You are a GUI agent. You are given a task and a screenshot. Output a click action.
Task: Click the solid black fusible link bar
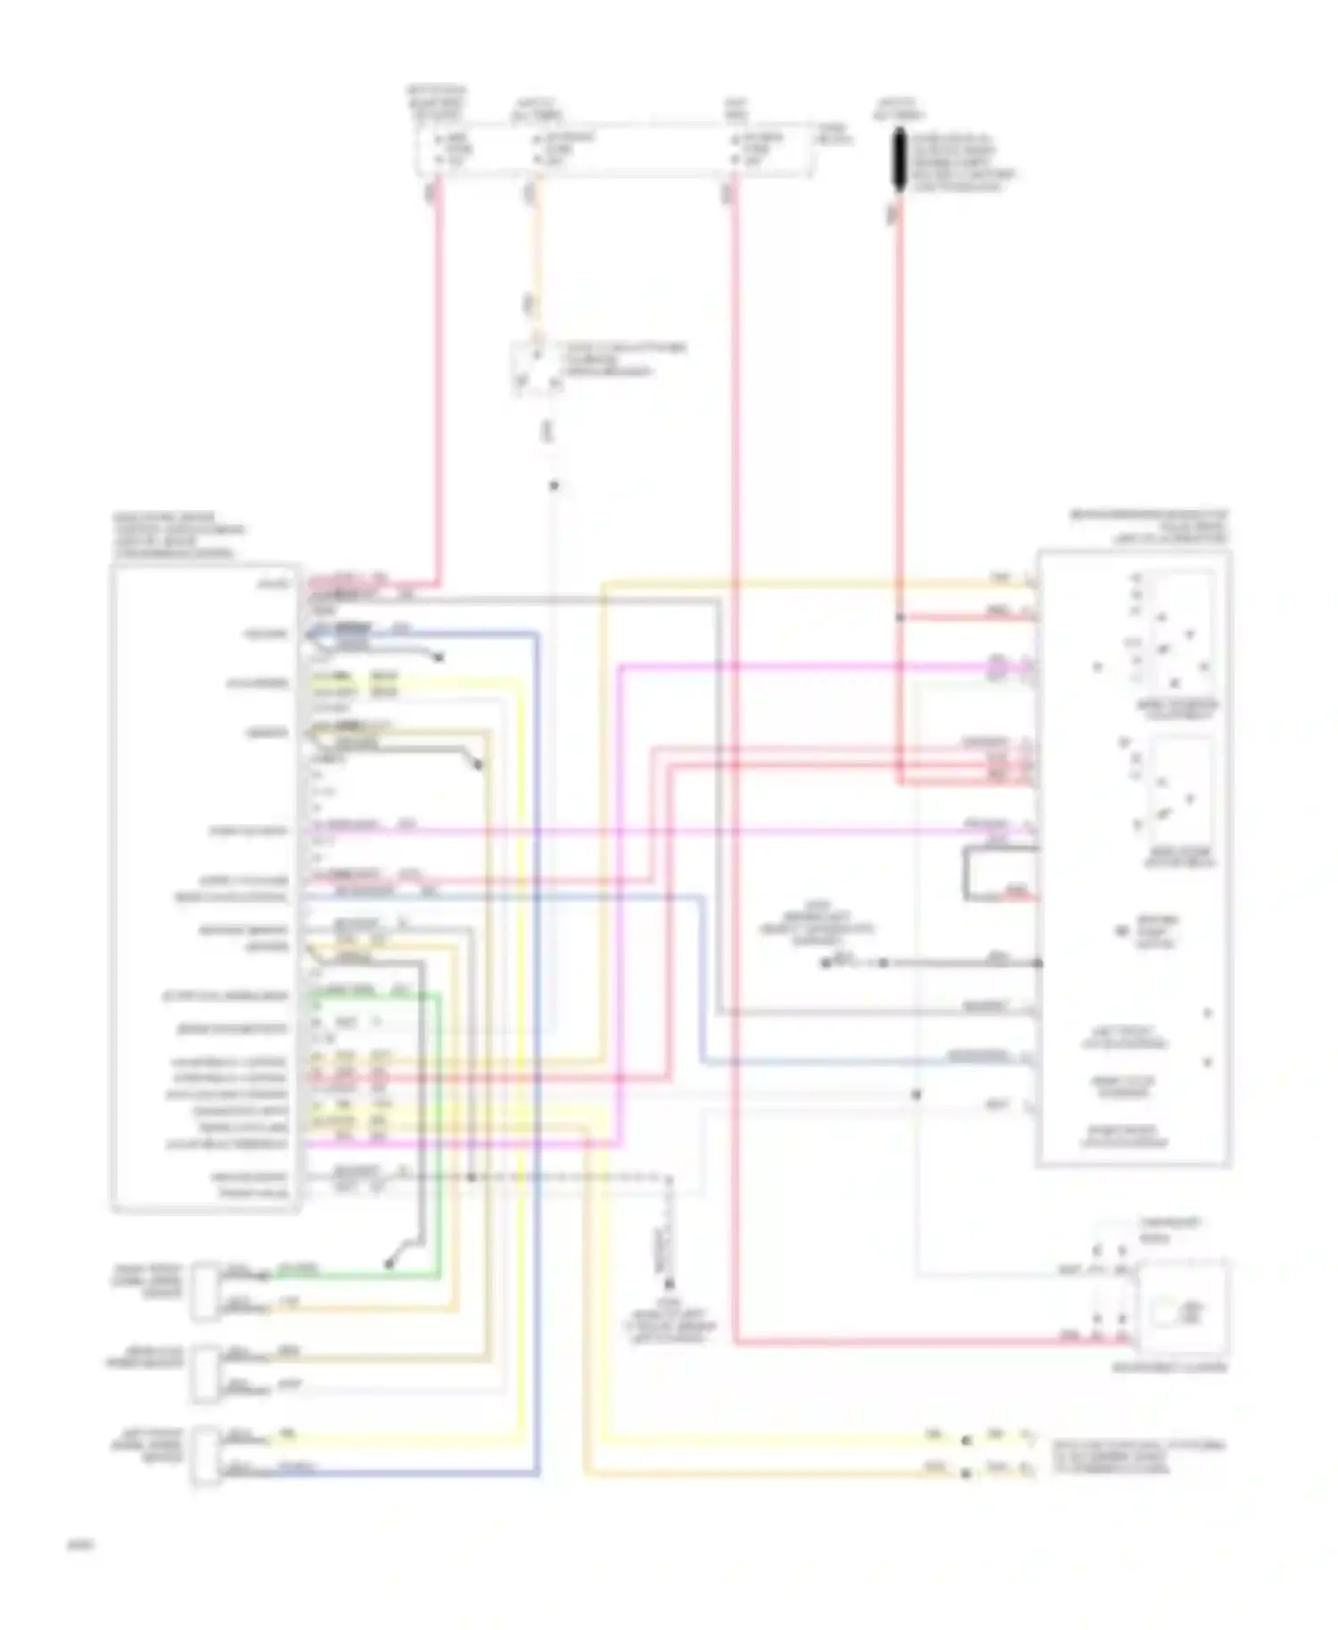[900, 160]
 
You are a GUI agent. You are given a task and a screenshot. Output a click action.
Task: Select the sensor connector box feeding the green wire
[205, 1289]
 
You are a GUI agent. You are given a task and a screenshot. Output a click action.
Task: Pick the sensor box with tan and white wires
[205, 1371]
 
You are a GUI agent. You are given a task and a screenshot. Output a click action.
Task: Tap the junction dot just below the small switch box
[554, 486]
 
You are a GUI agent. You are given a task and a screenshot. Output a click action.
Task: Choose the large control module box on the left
[205, 887]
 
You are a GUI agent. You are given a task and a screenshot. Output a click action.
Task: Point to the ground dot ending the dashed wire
[669, 1285]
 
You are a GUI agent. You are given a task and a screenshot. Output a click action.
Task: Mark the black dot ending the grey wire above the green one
[389, 1264]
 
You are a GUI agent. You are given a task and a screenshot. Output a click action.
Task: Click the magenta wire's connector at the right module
[1026, 665]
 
